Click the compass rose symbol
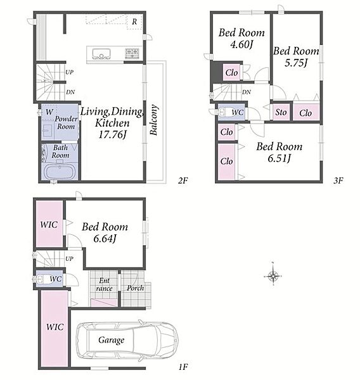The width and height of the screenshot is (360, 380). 273,275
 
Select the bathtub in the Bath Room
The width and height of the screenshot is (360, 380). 60,172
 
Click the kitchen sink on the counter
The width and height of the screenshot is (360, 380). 101,54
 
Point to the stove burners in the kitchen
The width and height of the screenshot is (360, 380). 132,53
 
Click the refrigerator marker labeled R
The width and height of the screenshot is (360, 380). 134,22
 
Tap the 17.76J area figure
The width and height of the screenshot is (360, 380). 113,134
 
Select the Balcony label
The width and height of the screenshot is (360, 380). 154,120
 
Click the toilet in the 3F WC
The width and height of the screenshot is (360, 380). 223,112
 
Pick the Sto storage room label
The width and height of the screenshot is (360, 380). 281,112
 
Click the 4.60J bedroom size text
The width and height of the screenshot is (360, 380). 241,44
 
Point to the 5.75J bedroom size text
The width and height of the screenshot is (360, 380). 296,63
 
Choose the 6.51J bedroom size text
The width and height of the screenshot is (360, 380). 280,158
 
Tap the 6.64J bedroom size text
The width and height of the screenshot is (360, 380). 105,239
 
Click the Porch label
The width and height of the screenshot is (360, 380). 136,288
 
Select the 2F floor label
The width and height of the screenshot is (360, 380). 183,180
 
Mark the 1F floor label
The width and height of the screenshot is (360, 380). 183,367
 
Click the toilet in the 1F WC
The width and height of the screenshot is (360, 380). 41,279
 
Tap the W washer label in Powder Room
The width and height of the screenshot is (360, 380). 49,112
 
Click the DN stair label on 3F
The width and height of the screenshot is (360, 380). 246,92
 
